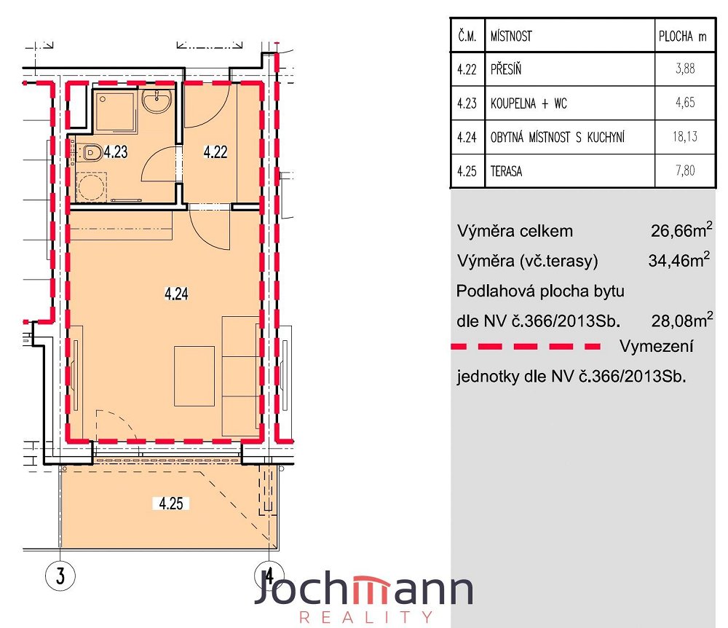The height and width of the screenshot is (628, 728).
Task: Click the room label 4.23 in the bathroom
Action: [116, 152]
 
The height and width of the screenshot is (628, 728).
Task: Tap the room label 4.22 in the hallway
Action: [215, 152]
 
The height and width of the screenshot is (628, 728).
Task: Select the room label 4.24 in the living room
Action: [176, 294]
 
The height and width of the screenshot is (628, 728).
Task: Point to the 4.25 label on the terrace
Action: [171, 503]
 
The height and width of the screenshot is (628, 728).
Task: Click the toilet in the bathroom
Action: [91, 152]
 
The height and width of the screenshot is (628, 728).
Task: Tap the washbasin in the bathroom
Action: [157, 101]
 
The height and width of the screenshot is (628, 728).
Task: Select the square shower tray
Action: [115, 111]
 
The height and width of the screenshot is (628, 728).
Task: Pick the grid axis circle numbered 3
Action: [60, 576]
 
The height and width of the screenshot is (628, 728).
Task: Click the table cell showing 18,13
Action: [685, 136]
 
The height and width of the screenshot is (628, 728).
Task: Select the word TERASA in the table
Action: [506, 171]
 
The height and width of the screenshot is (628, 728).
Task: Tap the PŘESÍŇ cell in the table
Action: [506, 69]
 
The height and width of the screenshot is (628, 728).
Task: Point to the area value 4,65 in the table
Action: [685, 102]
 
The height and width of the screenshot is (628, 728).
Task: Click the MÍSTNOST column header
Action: [511, 36]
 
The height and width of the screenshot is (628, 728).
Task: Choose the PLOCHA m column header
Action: [683, 36]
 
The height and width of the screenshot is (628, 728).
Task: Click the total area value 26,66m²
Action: [681, 229]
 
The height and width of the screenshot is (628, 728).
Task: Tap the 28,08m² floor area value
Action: [682, 320]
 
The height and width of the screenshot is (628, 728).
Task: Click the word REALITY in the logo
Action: [366, 617]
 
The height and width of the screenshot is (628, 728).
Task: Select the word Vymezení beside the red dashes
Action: [657, 346]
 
